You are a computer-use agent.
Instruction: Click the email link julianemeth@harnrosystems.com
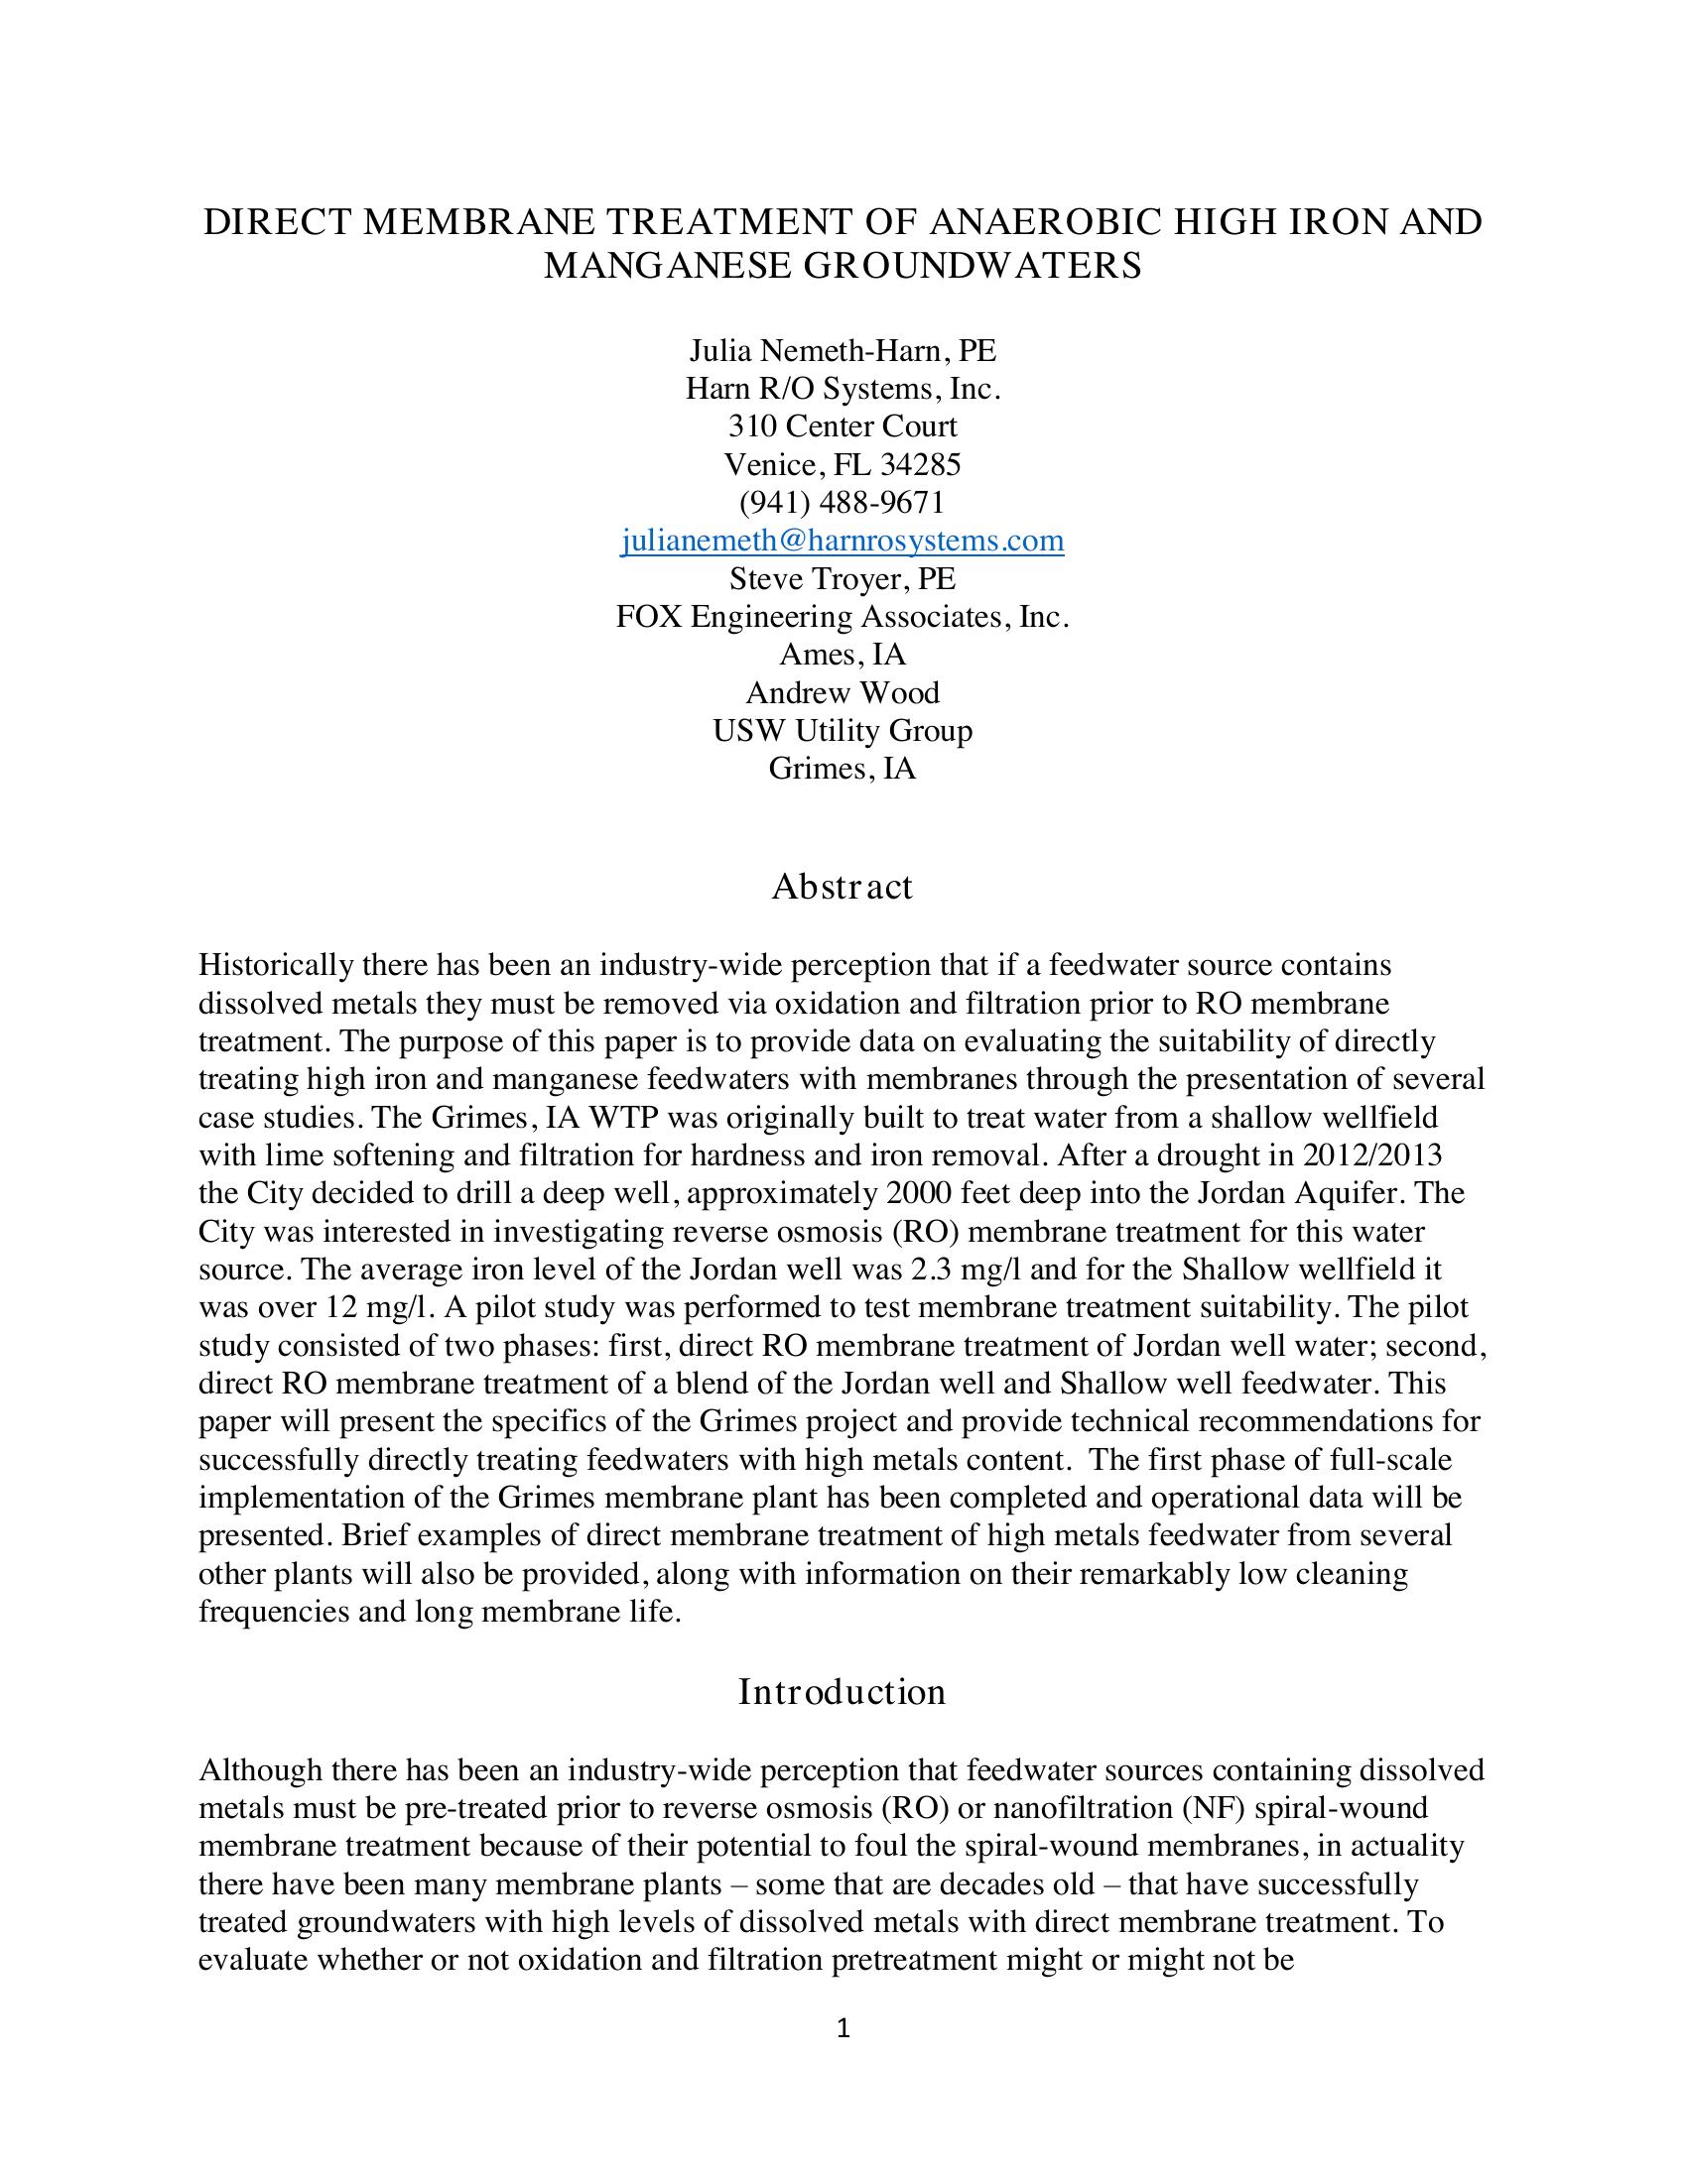[843, 541]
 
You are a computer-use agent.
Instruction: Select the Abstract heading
[842, 886]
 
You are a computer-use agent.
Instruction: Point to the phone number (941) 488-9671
[843, 502]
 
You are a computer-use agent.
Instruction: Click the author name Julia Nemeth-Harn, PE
[843, 351]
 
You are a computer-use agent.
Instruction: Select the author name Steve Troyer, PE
[843, 578]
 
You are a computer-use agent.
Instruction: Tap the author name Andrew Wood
[843, 692]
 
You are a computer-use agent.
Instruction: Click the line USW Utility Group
[843, 730]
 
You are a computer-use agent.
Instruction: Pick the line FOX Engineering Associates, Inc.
[843, 617]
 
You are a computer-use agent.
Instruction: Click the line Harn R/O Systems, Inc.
[843, 388]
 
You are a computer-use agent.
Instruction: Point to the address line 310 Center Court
[843, 425]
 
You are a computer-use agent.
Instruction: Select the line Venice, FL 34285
[843, 464]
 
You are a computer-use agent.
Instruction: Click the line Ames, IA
[843, 655]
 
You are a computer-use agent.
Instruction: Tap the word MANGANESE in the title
[666, 266]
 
